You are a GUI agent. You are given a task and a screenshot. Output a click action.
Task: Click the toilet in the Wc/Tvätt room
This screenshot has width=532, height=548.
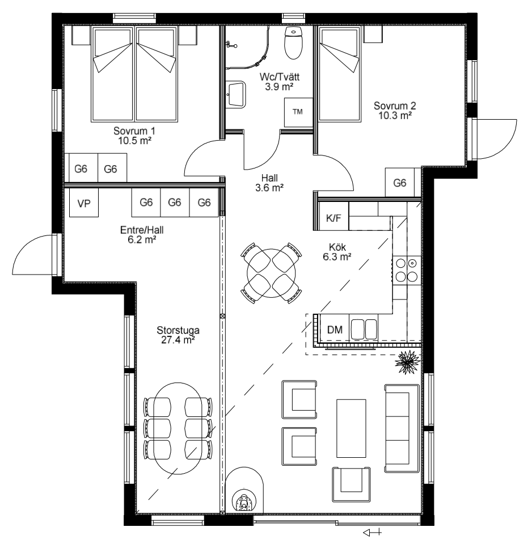click(x=293, y=43)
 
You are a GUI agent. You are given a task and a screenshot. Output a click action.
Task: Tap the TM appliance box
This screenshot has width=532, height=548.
click(x=298, y=112)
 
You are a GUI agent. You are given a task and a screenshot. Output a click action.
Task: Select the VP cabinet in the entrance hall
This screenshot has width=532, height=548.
click(x=84, y=203)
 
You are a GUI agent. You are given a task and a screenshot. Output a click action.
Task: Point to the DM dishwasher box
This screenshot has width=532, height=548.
click(x=335, y=329)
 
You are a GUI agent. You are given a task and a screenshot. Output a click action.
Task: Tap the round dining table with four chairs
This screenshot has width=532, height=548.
click(x=271, y=273)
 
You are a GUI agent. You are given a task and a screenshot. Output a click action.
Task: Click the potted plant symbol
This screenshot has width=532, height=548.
click(x=407, y=362)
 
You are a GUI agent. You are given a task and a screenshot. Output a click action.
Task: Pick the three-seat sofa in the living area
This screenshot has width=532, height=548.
click(x=402, y=429)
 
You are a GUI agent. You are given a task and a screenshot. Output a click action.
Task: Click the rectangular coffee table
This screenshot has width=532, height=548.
click(x=351, y=428)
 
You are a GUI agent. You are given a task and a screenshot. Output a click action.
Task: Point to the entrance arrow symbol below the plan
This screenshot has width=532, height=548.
click(x=373, y=533)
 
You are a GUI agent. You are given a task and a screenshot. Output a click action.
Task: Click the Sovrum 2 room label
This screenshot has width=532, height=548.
click(x=395, y=111)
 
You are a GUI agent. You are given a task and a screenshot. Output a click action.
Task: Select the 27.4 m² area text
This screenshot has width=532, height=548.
click(x=178, y=340)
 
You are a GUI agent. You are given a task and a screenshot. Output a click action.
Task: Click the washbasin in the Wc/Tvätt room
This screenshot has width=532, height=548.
click(x=236, y=93)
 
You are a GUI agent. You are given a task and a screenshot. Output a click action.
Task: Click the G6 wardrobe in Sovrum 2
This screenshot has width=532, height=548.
click(x=400, y=183)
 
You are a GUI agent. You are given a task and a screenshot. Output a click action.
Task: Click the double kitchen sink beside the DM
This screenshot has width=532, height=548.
click(x=364, y=329)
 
